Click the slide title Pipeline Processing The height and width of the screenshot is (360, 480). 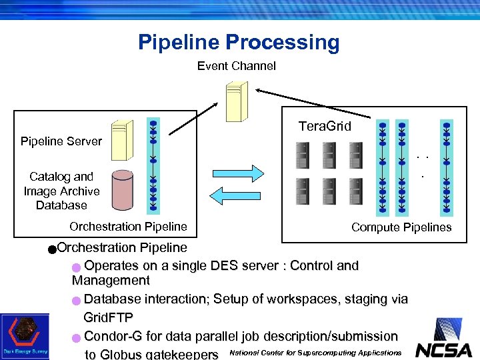click(239, 43)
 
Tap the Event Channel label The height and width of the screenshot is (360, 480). click(236, 66)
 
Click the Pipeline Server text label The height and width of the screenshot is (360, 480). click(61, 141)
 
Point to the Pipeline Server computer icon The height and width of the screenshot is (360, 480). click(121, 140)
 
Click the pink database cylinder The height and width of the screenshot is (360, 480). click(122, 189)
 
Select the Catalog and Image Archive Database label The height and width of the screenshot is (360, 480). click(61, 191)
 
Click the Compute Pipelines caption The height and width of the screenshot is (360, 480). click(401, 227)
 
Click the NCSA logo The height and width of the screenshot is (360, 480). click(443, 339)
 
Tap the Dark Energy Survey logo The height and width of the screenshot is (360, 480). click(25, 336)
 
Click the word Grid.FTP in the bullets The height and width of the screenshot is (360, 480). click(109, 317)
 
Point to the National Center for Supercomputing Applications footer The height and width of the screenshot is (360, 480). click(315, 353)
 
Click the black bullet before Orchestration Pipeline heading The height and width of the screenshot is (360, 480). click(52, 249)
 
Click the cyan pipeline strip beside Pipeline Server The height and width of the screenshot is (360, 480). click(153, 166)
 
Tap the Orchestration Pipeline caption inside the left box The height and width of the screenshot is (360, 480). click(128, 227)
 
